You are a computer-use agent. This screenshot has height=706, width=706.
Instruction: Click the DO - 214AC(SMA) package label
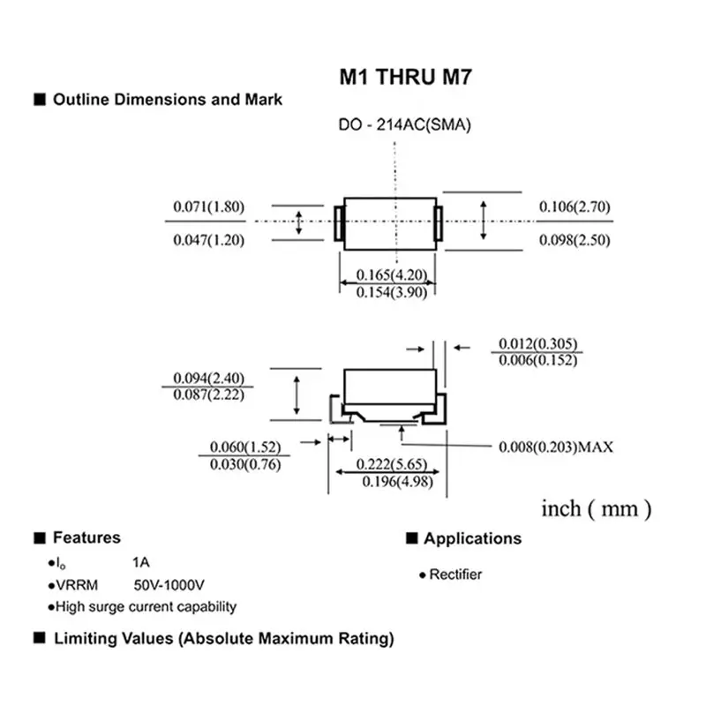coord(405,125)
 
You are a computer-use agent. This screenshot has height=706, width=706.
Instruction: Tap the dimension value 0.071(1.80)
coord(207,207)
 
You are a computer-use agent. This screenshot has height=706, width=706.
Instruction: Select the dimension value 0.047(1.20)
coord(207,240)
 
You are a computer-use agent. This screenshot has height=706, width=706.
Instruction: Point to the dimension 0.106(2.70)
coord(575,207)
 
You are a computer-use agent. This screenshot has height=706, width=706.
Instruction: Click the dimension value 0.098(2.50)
coord(575,240)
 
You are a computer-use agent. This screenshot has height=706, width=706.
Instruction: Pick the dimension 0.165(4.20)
coord(391,275)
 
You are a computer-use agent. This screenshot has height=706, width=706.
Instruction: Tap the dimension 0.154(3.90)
coord(391,292)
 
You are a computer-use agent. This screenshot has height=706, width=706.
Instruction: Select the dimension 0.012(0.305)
coord(538,343)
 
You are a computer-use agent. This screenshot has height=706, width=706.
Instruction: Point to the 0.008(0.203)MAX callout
coord(556,447)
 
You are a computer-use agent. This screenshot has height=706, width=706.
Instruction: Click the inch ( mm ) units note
coord(597,508)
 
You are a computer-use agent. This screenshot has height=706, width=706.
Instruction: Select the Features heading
coord(86,537)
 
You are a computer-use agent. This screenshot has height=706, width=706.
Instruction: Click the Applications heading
coord(472,538)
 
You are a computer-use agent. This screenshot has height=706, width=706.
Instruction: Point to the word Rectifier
coord(455,575)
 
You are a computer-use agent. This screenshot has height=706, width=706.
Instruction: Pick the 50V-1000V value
coord(169,585)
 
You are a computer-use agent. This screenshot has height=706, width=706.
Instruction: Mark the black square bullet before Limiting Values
coord(39,637)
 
